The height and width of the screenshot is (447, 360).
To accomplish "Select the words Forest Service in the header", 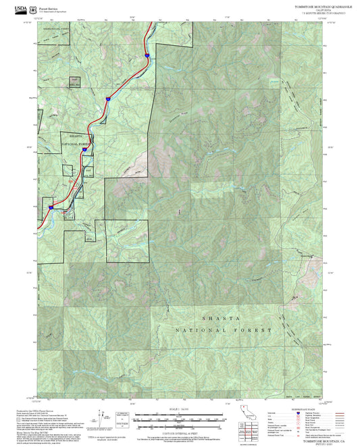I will (x=49, y=7).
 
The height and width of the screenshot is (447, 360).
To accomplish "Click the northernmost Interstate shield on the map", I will (x=147, y=57).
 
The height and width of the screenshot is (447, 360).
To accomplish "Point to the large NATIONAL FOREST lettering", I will (x=223, y=330).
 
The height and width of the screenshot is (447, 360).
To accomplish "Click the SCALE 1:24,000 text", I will (x=179, y=409).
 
